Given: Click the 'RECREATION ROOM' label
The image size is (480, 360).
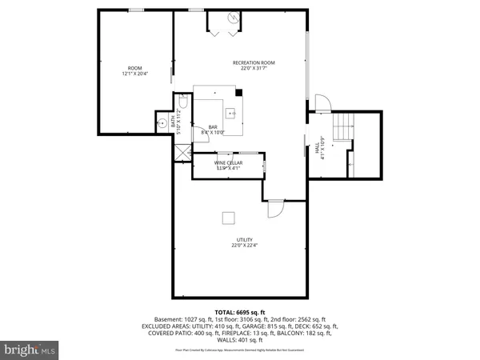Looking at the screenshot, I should coord(254,62).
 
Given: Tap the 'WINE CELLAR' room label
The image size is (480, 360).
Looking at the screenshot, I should coord(227,162).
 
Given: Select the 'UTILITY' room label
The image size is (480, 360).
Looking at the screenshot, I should coord(245,239).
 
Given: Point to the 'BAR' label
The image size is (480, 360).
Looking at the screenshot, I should coord(213,127).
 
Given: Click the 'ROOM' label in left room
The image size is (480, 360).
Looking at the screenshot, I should coord(135,68).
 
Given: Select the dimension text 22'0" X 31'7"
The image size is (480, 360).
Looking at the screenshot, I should coord(254,69).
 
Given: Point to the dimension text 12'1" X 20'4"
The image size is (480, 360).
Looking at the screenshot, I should coord(135,74).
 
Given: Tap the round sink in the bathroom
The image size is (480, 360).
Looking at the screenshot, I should coord(162,123).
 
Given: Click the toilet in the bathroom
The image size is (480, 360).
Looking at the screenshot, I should coord(183,102).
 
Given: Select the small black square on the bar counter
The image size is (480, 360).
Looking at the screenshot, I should coord(239,94).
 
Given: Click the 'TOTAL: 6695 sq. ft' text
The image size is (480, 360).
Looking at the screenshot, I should coord(239,311).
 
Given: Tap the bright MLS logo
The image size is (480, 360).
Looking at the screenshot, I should coord(30,349).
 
